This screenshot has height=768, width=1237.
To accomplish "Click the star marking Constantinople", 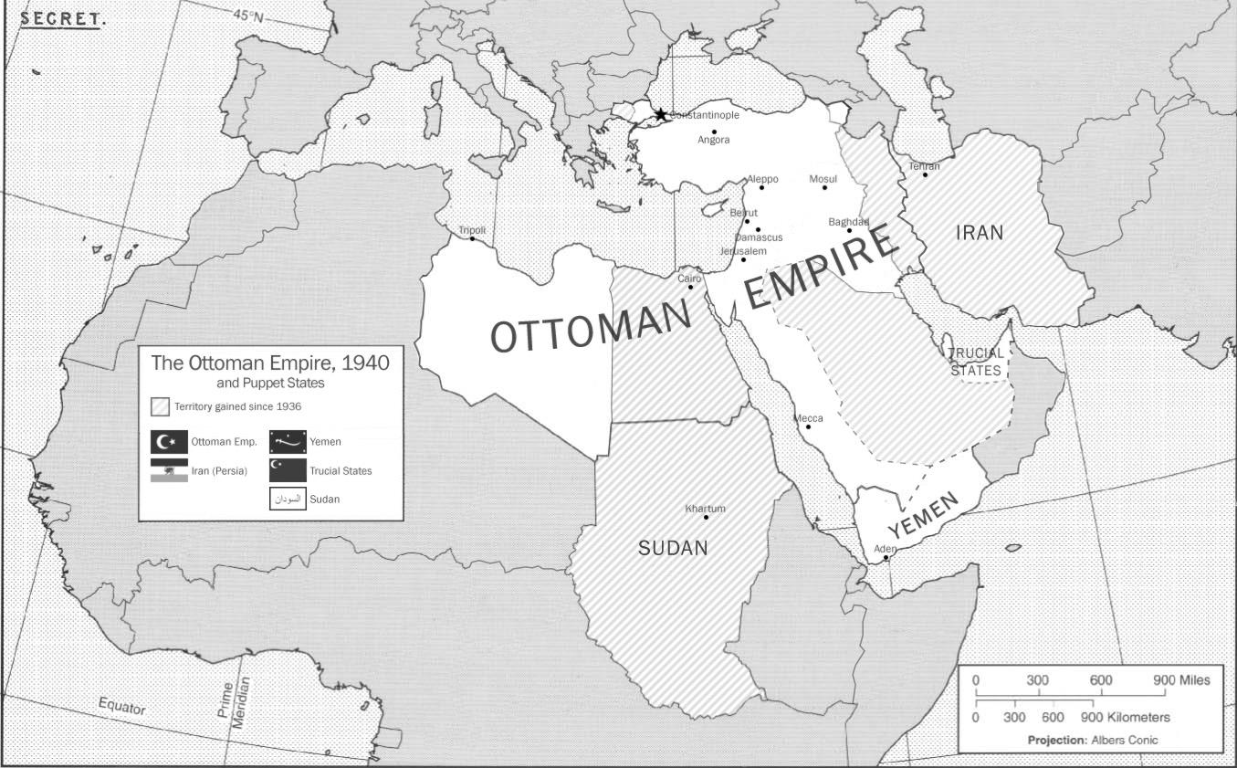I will pos(660,114).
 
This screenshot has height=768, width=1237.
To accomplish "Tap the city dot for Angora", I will pos(715,132).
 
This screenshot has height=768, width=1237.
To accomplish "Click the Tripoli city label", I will pos(472,230).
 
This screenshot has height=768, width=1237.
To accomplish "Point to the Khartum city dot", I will pos(706,518).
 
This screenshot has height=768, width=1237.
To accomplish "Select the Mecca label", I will pos(808,418).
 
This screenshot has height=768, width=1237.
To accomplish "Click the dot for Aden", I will pos(886,558).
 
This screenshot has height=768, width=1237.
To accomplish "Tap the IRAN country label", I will pos(979,233).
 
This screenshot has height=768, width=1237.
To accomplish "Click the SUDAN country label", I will pos(673,548).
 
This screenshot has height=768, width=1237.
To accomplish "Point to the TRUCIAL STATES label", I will pos(976,362).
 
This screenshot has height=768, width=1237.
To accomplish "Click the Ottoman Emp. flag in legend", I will pos(169,442).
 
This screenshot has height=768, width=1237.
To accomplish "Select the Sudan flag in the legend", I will pos(288,500).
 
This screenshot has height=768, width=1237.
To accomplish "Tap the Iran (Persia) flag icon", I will pos(169,470).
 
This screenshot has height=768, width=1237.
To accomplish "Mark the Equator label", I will pos(121,706).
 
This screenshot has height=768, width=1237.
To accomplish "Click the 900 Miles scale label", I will pos(1180,680).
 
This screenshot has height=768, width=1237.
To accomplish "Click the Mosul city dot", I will pos(824,187).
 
